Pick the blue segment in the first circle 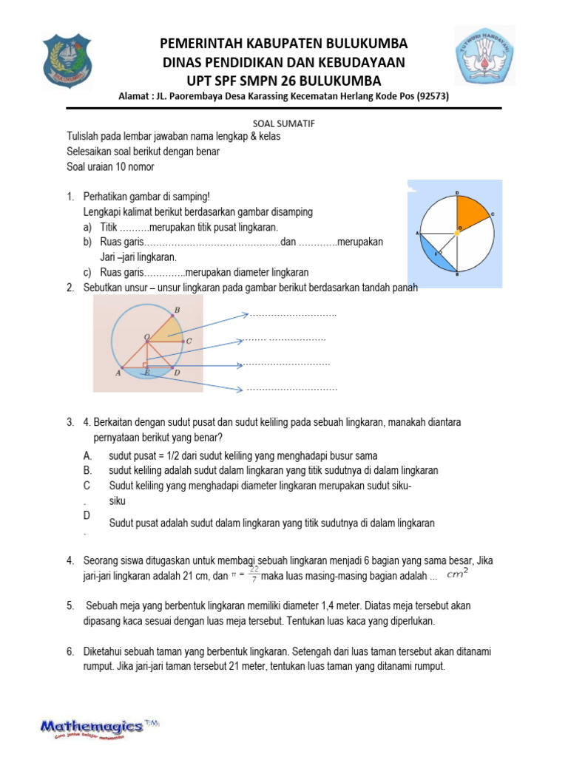(442, 256)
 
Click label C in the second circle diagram (189, 342)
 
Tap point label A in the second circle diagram (118, 373)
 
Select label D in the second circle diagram (177, 373)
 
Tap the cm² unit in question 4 (459, 573)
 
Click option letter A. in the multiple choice (88, 455)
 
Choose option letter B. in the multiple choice (88, 470)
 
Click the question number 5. (70, 606)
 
